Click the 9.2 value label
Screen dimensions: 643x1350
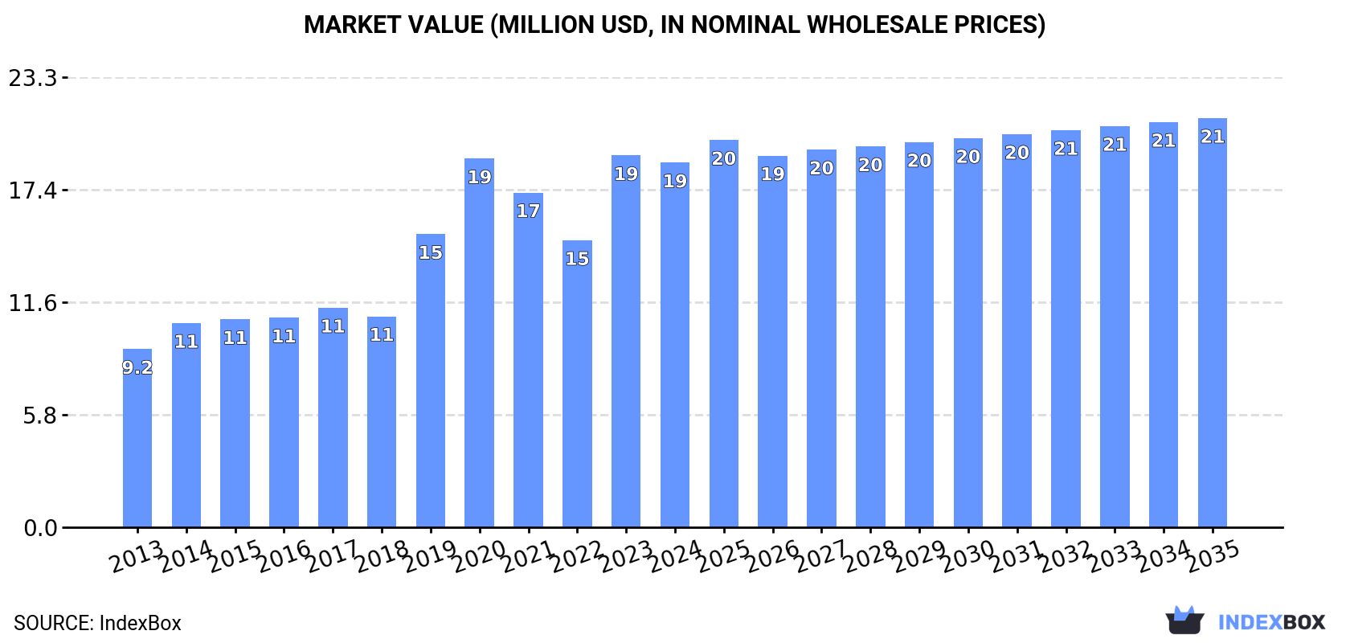pos(137,368)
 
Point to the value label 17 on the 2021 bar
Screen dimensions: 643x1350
pos(528,211)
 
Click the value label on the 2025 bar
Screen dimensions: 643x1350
pos(724,159)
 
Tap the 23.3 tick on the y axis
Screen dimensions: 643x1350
pos(33,78)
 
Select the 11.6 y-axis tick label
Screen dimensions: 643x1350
pos(33,303)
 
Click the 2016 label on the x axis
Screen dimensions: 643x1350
pos(284,555)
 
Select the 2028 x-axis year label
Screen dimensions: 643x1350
pos(870,555)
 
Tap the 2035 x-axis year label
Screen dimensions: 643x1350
pos(1213,555)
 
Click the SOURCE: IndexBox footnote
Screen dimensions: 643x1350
pos(97,623)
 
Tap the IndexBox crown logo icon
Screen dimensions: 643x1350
pos(1184,620)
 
